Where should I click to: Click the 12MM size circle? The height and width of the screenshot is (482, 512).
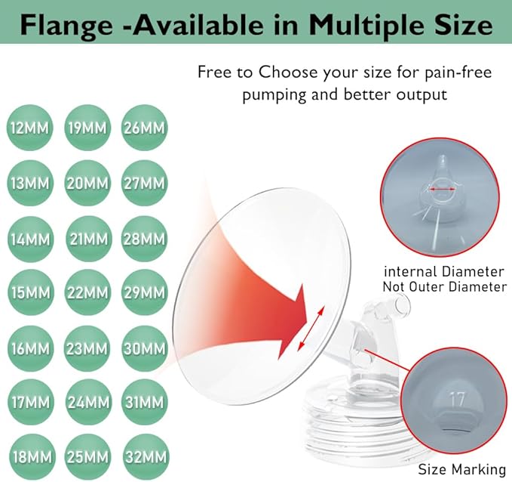coord(29,128)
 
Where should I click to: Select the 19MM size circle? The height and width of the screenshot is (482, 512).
coord(87,128)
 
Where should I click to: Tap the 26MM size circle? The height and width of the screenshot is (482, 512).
coord(144,128)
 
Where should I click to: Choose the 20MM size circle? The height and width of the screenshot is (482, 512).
coord(87,183)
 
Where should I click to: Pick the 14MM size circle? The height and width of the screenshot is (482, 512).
coord(30,239)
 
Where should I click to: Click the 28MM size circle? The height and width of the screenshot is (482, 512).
coord(144,239)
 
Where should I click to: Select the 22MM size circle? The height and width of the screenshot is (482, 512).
coord(87,292)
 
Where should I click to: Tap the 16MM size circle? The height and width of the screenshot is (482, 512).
coord(30,348)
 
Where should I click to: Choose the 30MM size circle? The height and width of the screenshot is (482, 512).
coord(144,348)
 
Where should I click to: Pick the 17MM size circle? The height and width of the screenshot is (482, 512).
coord(30,402)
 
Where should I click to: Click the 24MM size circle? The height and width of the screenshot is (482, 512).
coord(88,402)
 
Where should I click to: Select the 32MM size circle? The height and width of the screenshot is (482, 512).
coord(146,457)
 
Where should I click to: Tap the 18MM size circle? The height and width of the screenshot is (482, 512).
coord(32,457)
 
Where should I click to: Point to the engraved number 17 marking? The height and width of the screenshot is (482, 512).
coord(457,399)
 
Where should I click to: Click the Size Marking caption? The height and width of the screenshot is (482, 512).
coord(461,470)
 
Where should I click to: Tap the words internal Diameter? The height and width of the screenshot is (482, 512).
coord(444,271)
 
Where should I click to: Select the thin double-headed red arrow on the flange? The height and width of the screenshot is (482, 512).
coord(311,329)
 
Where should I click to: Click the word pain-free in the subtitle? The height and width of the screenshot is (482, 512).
coord(458,73)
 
